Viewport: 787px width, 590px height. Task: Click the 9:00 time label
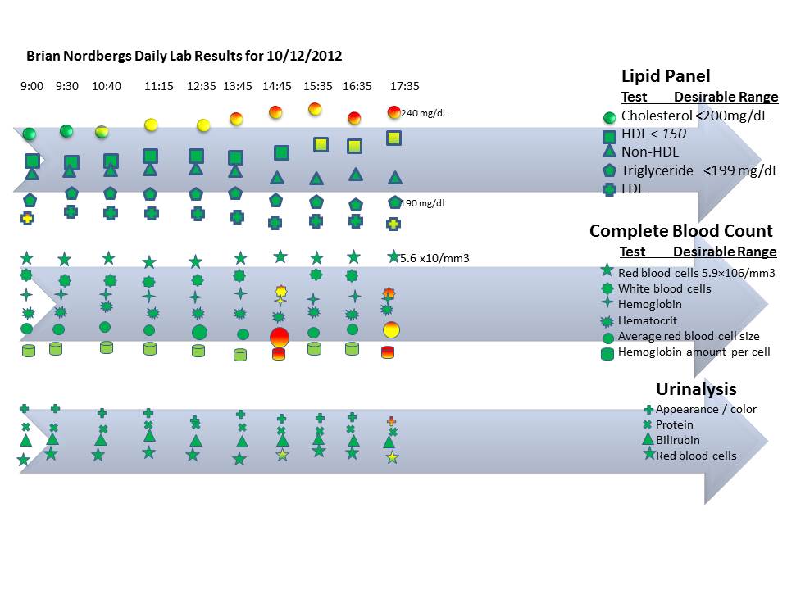coord(32,86)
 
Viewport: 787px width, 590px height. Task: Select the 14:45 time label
coord(277,86)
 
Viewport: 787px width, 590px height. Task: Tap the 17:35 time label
coord(404,86)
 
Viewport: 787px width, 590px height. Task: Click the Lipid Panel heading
coord(665,76)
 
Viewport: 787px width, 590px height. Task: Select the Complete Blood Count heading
coord(681,231)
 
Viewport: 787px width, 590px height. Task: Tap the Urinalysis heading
coord(696,389)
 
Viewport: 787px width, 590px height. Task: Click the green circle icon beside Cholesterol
coord(609,117)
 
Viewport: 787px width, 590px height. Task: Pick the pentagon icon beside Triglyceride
coord(609,170)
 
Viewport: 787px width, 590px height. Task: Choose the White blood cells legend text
coord(664,288)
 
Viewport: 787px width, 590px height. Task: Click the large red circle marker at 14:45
coord(280,336)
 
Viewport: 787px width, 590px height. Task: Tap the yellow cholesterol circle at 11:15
coord(151,125)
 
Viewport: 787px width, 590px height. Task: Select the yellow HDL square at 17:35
coord(393,138)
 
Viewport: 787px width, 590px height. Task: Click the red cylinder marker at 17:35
coord(388,352)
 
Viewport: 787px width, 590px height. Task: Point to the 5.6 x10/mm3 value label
coord(434,259)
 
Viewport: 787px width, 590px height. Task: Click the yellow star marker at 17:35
coord(393,457)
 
